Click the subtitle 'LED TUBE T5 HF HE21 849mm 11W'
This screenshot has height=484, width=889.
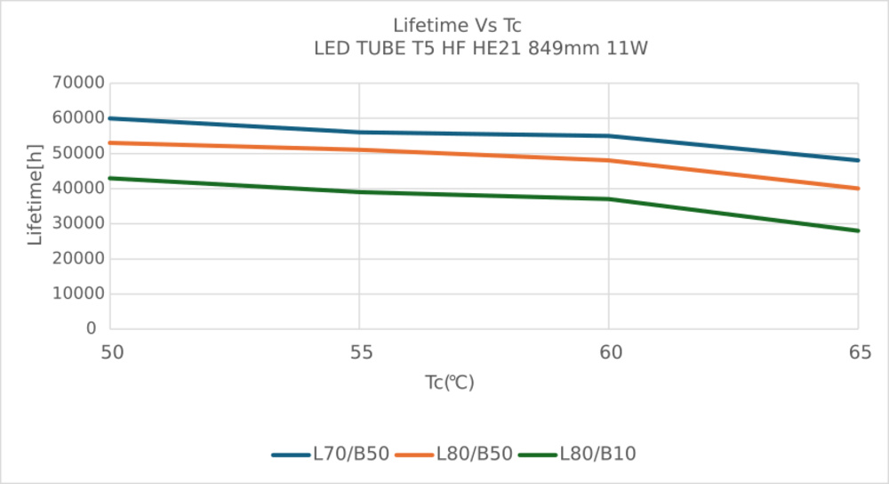point(481,48)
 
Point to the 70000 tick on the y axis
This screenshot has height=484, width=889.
point(79,84)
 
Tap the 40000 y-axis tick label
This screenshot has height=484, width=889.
point(79,189)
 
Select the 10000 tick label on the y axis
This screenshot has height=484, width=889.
point(79,294)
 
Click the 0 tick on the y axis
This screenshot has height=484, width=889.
point(91,328)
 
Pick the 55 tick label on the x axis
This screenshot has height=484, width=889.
point(360,354)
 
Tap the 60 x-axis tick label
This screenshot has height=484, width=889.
point(609,354)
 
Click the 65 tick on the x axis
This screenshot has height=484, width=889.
point(858,354)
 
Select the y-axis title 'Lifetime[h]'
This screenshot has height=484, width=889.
point(36,206)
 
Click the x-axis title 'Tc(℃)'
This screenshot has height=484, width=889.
point(449,383)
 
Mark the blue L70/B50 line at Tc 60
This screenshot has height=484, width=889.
point(609,136)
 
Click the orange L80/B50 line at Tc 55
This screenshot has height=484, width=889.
point(359,149)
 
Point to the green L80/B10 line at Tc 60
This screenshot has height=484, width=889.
point(609,199)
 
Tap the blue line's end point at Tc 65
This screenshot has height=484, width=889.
point(858,160)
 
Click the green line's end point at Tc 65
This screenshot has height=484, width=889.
point(858,230)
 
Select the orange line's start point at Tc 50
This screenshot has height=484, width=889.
point(110,143)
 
